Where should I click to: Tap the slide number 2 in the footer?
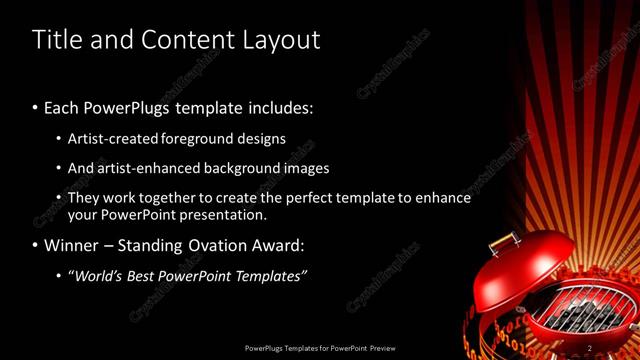[590, 347]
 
